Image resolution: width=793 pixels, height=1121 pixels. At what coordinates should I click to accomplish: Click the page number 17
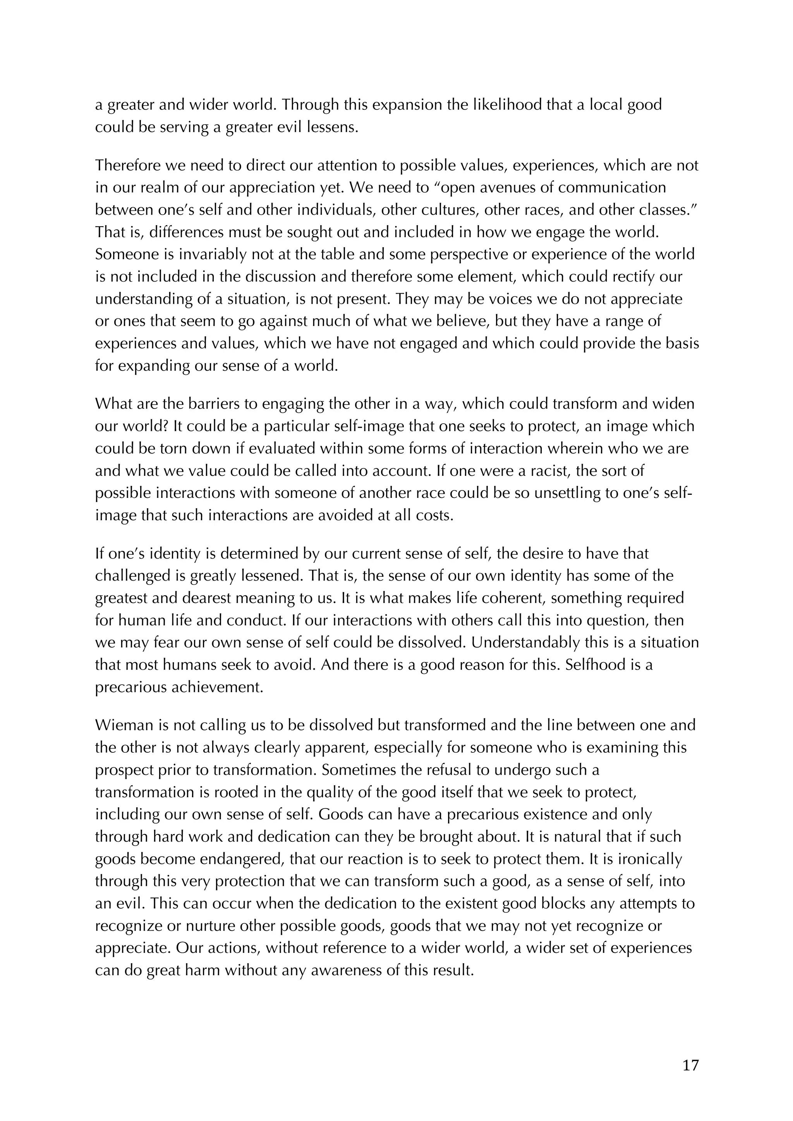click(x=690, y=1065)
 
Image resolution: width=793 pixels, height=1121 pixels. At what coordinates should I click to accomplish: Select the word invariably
click(x=208, y=255)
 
